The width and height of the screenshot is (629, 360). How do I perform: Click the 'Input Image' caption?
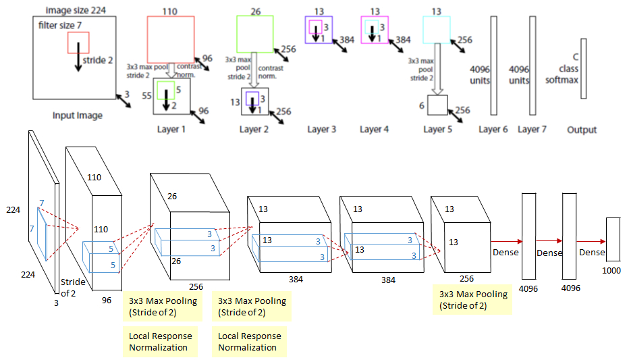tap(78, 115)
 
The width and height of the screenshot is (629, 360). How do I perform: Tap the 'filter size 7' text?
tap(60, 25)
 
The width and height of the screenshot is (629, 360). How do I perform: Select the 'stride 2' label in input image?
tap(97, 60)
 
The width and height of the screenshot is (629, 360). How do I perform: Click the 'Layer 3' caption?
tap(321, 129)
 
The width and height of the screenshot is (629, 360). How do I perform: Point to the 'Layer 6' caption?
tap(493, 129)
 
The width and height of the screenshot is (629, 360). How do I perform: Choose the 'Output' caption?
tap(582, 130)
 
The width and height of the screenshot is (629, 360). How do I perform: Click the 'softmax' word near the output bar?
tap(562, 80)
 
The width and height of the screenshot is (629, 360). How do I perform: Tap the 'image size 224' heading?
tap(76, 10)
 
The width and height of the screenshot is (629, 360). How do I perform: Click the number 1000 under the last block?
tap(611, 270)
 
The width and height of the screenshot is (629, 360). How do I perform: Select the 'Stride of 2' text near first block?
tap(73, 287)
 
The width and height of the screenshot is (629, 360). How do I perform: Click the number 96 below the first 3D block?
tap(107, 300)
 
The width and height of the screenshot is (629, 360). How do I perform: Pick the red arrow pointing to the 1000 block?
tap(591, 242)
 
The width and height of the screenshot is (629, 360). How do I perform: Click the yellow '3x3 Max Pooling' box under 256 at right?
tap(472, 299)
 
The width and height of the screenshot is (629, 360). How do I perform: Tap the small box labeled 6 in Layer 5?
tap(437, 105)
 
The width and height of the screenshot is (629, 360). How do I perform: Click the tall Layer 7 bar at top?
tap(532, 66)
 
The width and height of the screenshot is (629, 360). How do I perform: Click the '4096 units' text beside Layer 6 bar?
tap(480, 75)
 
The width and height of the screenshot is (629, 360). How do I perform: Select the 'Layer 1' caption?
tap(171, 129)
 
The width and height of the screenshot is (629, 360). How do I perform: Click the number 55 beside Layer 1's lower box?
tap(146, 96)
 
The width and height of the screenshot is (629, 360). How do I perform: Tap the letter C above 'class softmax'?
tap(576, 57)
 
